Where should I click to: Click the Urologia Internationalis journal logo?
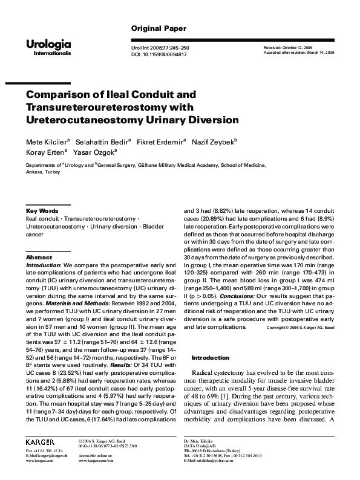point(48,46)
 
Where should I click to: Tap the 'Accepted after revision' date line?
point(299,53)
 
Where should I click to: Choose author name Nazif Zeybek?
point(217,141)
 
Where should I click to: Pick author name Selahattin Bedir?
point(100,141)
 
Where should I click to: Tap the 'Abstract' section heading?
point(39,257)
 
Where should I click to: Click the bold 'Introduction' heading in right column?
point(210,358)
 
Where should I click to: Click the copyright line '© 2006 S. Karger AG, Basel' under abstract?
point(301,311)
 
